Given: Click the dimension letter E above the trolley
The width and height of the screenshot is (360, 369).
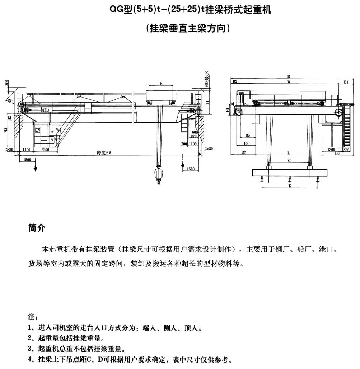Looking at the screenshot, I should [x=161, y=84].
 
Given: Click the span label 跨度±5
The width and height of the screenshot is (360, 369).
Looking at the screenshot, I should [x=104, y=153].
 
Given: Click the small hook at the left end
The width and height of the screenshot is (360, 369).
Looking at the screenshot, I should [x=35, y=167].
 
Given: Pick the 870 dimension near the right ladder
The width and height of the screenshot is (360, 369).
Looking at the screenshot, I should [x=194, y=136].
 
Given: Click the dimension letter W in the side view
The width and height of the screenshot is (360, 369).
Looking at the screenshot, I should [x=289, y=82].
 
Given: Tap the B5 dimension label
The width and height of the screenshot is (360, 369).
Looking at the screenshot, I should [x=248, y=135].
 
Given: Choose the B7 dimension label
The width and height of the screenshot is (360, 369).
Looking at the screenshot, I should [x=243, y=153].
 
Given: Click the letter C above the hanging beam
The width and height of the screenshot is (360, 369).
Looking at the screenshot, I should [x=289, y=161].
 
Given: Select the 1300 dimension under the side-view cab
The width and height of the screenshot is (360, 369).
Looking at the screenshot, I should [x=331, y=149].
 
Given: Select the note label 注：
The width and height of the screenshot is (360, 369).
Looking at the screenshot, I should [x=32, y=317].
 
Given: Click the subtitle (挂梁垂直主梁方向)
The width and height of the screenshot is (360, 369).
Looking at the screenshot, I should [x=188, y=28].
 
